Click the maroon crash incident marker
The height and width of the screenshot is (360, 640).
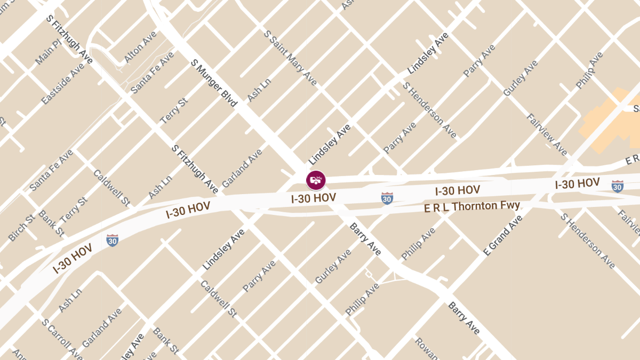[x=316, y=180]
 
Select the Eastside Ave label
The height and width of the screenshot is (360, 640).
[x=63, y=84]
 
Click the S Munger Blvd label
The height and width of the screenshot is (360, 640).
[x=214, y=83]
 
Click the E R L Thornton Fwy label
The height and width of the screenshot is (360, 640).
[x=472, y=206]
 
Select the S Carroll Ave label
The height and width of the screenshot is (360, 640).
[x=62, y=339]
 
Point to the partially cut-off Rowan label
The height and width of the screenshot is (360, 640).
[x=426, y=349]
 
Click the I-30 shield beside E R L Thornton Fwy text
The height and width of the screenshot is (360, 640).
[x=387, y=198]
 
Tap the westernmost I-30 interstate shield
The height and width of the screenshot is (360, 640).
[x=112, y=240]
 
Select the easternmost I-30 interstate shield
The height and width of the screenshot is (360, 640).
[x=617, y=186]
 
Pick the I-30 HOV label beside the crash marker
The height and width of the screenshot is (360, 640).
[x=314, y=198]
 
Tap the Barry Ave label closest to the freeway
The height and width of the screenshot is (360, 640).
[x=365, y=238]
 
